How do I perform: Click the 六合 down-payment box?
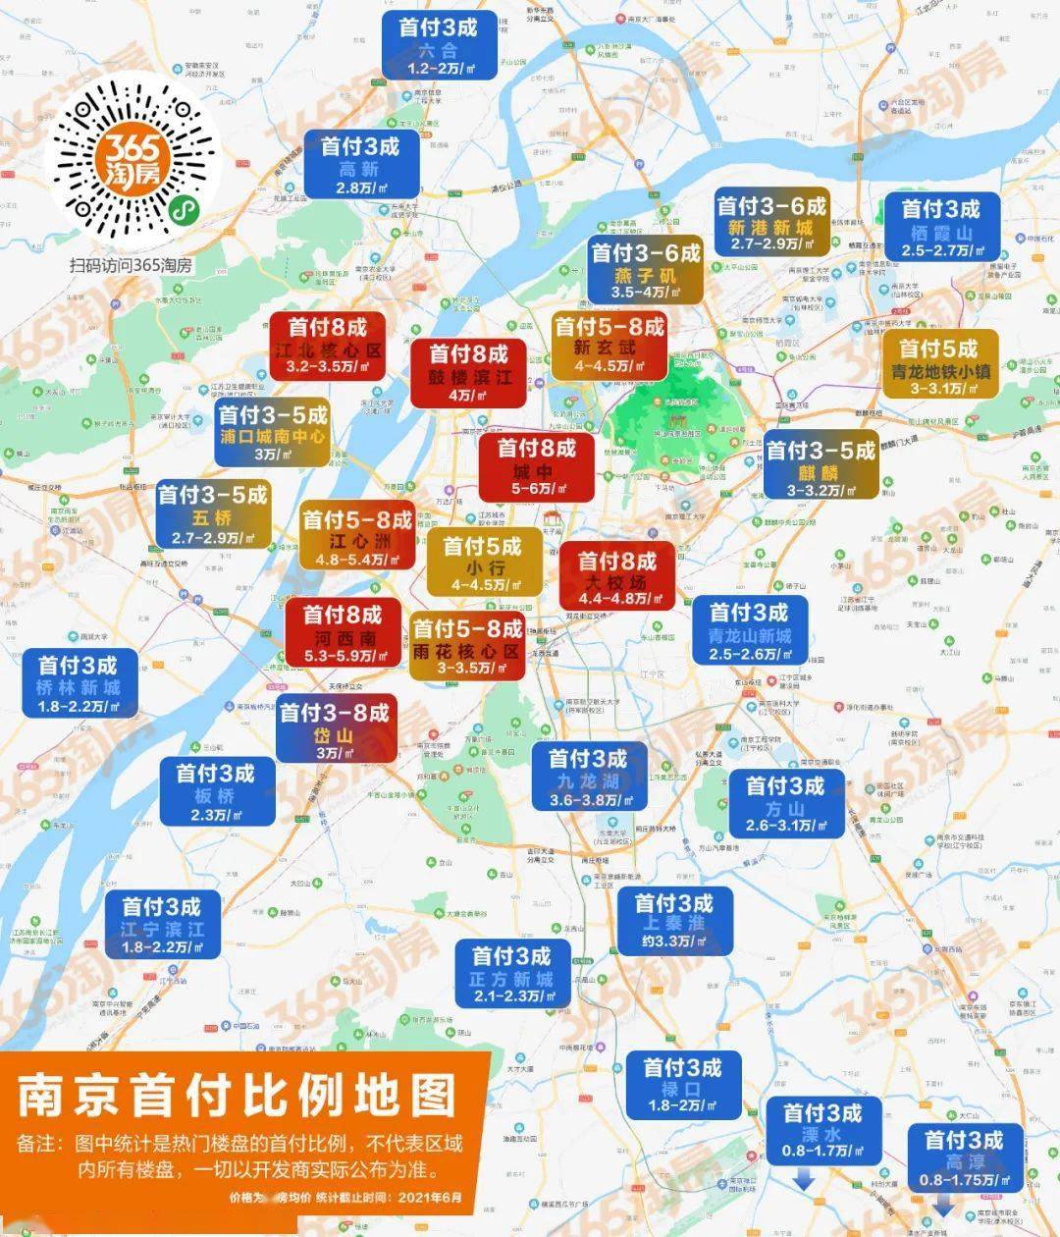click(439, 46)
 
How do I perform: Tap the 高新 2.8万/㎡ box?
click(362, 165)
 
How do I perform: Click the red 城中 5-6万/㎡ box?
click(536, 467)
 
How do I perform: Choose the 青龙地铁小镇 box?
click(940, 365)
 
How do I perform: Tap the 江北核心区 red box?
click(327, 346)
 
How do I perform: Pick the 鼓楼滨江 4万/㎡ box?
click(469, 373)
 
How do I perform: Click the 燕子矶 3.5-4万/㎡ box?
click(645, 271)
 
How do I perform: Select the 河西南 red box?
click(342, 634)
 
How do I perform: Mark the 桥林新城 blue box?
click(78, 683)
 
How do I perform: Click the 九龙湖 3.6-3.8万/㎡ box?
click(588, 777)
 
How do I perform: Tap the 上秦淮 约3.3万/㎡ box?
click(673, 920)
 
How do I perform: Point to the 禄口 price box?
click(682, 1084)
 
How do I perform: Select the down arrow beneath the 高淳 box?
click(943, 1204)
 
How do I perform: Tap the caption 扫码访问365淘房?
click(131, 265)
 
